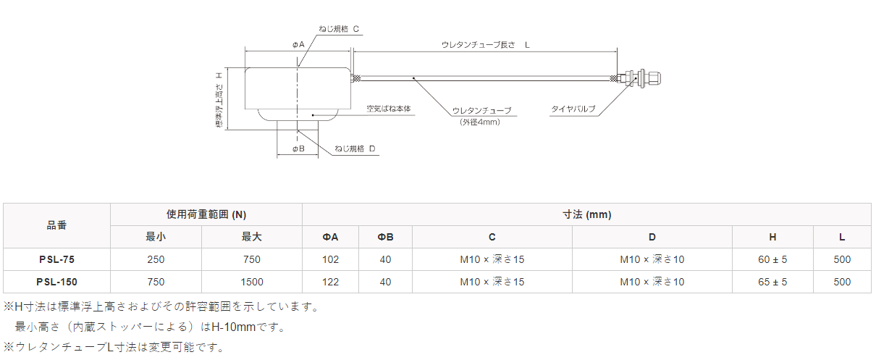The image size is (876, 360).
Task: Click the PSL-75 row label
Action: tap(56, 259)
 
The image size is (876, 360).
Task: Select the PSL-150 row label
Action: tap(56, 282)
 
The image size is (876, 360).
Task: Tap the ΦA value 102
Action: tap(330, 259)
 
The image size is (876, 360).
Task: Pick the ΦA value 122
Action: tap(330, 282)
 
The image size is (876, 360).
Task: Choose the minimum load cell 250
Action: tap(156, 259)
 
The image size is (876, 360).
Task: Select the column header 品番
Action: tap(56, 225)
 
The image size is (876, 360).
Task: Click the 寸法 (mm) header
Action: tap(586, 214)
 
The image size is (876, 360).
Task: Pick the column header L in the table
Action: tap(842, 237)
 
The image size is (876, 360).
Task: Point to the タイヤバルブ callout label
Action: tap(573, 109)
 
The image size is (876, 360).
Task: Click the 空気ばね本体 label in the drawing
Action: tap(388, 109)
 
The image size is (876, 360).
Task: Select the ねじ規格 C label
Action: tap(339, 28)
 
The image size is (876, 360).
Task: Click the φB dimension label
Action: tap(298, 148)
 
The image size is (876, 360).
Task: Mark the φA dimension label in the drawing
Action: tap(298, 45)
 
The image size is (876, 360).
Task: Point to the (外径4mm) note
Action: tap(479, 122)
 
